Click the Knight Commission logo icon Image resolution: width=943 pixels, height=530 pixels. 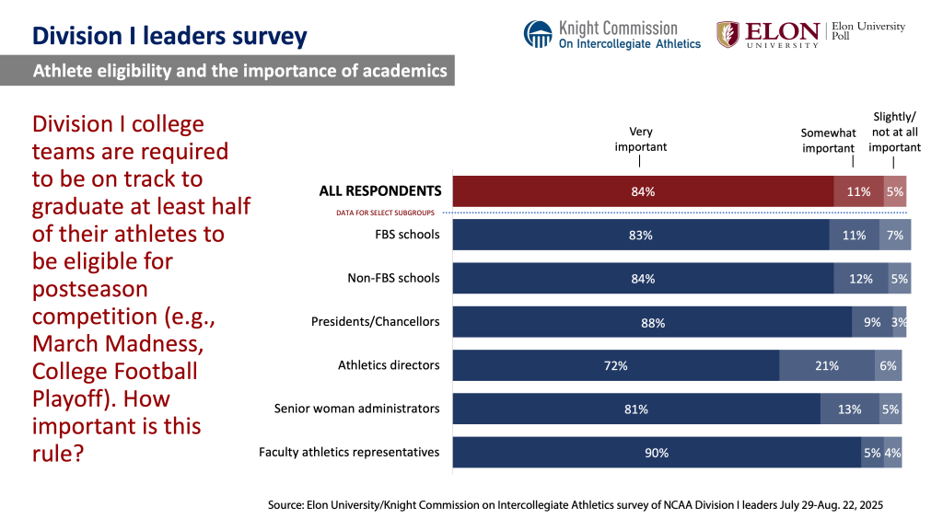click(x=538, y=34)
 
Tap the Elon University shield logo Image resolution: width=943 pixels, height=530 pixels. click(x=728, y=34)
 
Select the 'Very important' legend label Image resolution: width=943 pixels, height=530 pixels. click(x=641, y=139)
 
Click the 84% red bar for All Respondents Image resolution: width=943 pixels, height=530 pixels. click(x=643, y=191)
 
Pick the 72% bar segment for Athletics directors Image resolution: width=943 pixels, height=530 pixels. click(x=616, y=365)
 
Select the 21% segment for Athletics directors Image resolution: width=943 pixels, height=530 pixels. click(x=827, y=365)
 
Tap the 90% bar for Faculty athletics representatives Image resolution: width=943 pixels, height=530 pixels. click(x=657, y=453)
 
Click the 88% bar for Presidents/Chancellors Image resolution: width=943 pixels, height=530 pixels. click(x=652, y=322)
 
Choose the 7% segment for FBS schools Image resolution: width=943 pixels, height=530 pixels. click(x=895, y=235)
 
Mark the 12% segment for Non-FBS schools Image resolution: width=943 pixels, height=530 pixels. click(x=861, y=279)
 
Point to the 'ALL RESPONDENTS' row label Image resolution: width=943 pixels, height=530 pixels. click(x=379, y=191)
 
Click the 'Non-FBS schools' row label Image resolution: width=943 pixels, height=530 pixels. click(x=393, y=278)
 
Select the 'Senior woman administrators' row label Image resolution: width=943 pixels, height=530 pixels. click(x=357, y=409)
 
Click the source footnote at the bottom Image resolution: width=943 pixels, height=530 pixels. click(x=575, y=506)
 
